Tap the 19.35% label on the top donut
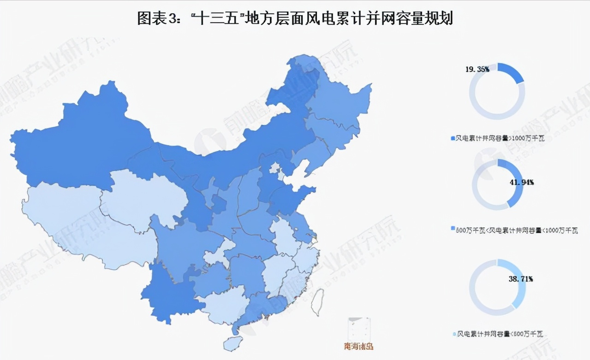(477, 70)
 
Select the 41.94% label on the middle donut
(522, 183)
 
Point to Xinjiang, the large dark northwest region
(78, 143)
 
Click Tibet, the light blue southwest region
(78, 221)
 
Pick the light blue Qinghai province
(143, 198)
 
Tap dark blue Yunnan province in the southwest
(168, 295)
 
